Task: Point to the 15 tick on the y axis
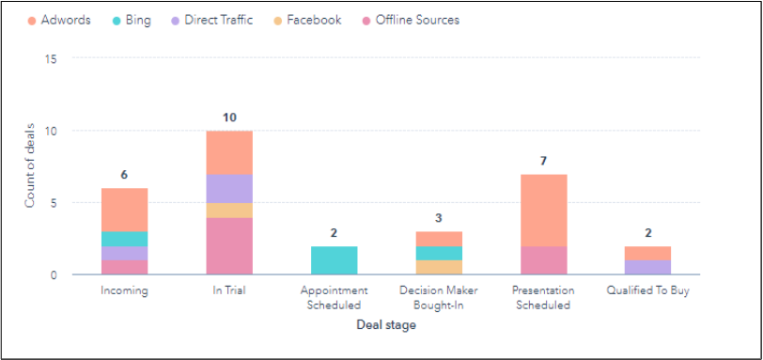click(51, 58)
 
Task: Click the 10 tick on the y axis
click(51, 131)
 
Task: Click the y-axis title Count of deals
click(29, 166)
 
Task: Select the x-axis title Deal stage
click(386, 325)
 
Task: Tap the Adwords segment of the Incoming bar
click(124, 210)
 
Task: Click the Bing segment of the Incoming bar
click(124, 239)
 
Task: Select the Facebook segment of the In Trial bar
click(229, 210)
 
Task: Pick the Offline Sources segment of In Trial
click(229, 246)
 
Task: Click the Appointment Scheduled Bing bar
click(334, 260)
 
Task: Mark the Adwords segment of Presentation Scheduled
click(543, 210)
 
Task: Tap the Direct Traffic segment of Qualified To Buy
click(648, 267)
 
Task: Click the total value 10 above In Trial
click(229, 117)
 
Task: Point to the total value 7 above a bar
click(543, 161)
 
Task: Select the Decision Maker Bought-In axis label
click(439, 297)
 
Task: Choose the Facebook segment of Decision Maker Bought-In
click(439, 267)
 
